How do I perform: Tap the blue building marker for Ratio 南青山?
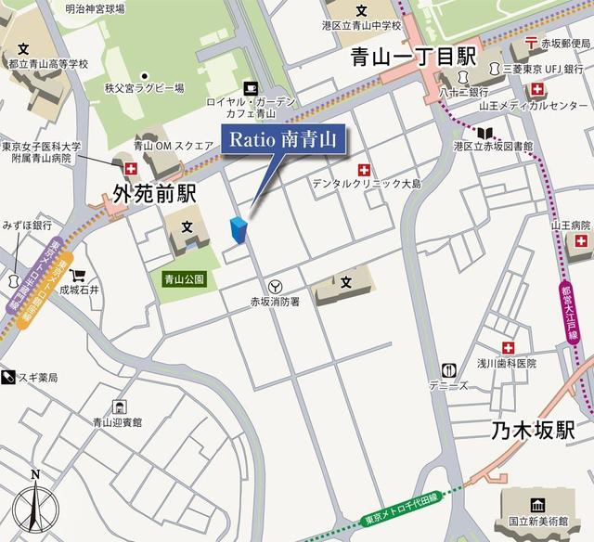(239, 231)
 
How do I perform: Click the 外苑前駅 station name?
(154, 194)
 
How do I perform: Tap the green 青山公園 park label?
(184, 277)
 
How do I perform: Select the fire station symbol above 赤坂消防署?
(275, 286)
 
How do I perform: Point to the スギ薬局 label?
(37, 378)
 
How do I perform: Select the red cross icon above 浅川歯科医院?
(508, 347)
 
